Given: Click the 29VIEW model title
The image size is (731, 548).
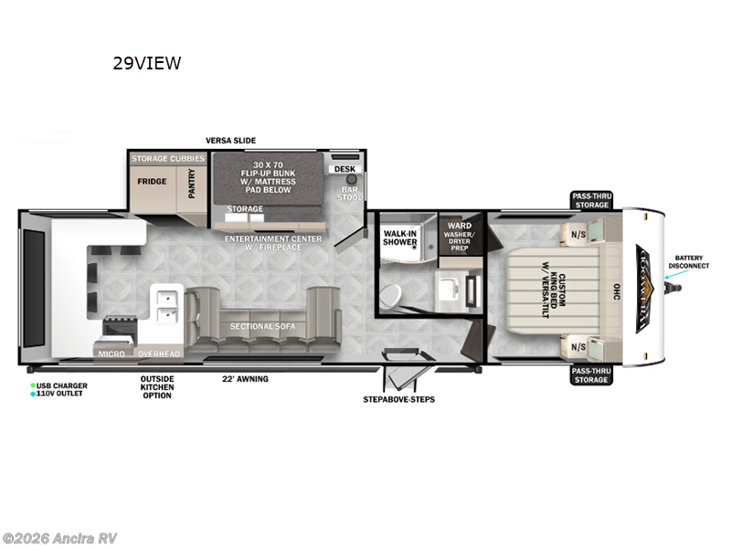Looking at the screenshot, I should click(x=146, y=63).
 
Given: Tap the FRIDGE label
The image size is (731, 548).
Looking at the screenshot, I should click(x=152, y=181).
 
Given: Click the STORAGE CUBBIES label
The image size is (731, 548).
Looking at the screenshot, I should click(x=167, y=159).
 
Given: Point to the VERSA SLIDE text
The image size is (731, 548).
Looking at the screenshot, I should click(x=230, y=140).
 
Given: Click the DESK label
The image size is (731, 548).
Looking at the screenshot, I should click(x=344, y=169).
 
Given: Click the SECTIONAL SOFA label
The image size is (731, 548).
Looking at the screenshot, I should click(x=258, y=327).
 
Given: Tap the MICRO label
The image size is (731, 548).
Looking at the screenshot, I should click(x=111, y=353).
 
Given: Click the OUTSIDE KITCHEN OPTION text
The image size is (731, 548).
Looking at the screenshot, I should click(x=157, y=387).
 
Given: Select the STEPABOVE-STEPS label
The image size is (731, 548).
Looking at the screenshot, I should click(x=399, y=400).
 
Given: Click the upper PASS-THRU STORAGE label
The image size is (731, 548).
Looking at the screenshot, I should click(x=592, y=199).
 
